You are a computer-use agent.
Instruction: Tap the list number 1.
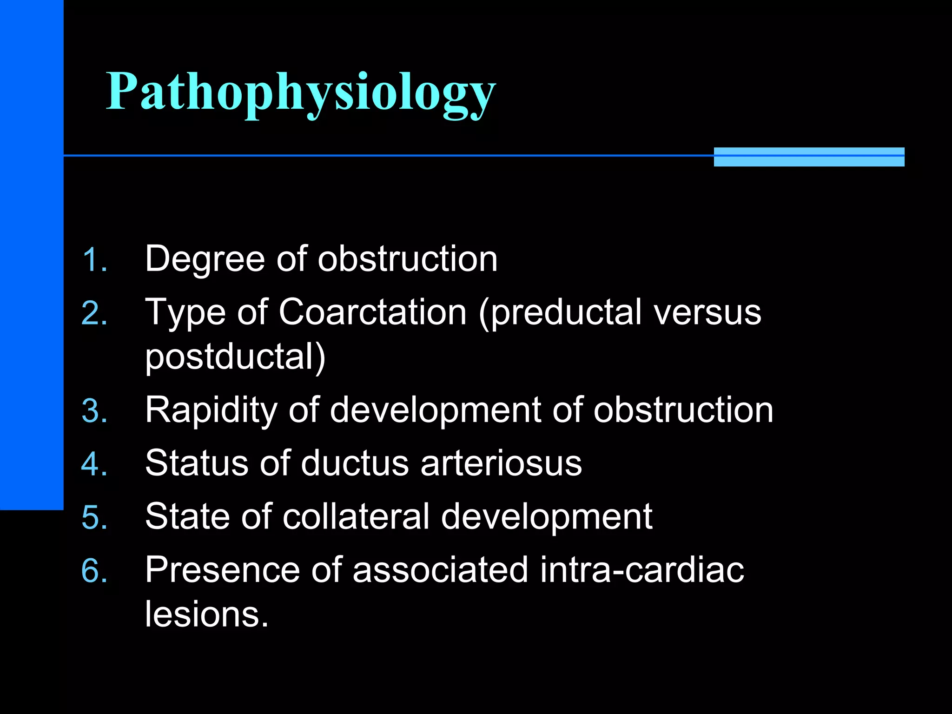(94, 260)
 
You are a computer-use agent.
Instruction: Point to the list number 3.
(94, 411)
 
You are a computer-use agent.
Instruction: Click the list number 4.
(94, 464)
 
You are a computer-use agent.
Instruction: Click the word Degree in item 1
(205, 259)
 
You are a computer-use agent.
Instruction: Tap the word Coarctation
(372, 312)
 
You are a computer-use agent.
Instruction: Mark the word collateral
(356, 516)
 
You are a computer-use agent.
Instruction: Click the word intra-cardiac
(642, 570)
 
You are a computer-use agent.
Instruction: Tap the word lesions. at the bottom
(207, 615)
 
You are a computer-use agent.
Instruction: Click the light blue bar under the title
(809, 157)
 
